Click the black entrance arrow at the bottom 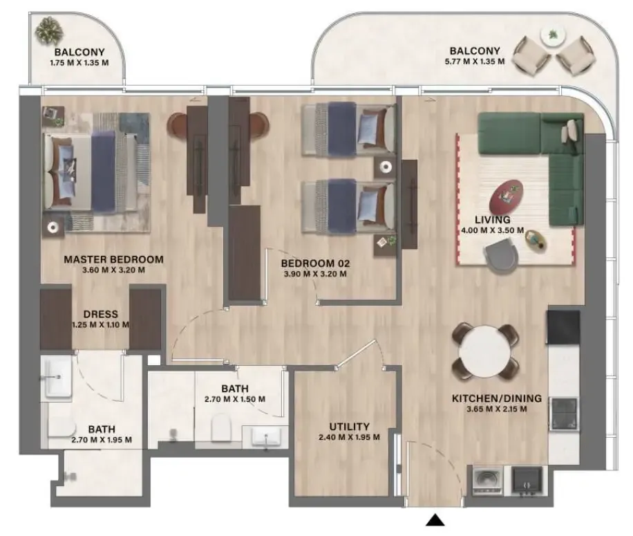(435, 520)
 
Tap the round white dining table (484, 351)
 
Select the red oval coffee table (506, 196)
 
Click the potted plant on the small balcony (48, 30)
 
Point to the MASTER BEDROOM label (113, 259)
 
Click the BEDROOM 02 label (315, 264)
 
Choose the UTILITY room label (349, 427)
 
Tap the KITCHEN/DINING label (497, 398)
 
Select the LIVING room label (493, 220)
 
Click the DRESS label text (100, 314)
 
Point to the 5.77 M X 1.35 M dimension (475, 62)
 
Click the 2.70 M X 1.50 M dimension (235, 400)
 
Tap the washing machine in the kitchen (487, 480)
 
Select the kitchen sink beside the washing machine (527, 480)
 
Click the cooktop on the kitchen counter (564, 414)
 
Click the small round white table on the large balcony (553, 35)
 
